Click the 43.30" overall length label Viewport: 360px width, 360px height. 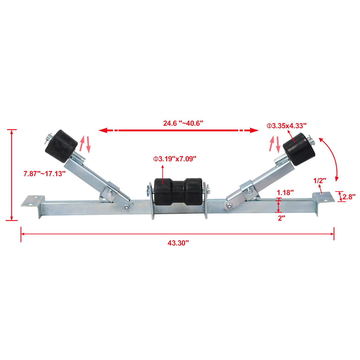click(178, 243)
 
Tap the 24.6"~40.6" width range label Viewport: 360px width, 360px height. click(183, 123)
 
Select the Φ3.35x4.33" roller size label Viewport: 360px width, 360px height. click(286, 126)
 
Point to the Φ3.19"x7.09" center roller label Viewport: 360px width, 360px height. click(175, 159)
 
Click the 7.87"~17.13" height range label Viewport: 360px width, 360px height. click(44, 174)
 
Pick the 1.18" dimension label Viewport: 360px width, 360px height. click(285, 192)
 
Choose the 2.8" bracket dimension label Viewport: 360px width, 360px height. click(349, 197)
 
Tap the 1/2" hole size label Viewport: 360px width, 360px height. click(320, 180)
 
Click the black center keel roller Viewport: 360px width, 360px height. click(178, 190)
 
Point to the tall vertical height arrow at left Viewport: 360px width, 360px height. click(12, 175)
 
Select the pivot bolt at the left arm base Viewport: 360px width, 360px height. click(127, 208)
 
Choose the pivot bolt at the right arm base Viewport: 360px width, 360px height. click(229, 206)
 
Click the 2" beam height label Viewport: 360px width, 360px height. click(281, 219)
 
